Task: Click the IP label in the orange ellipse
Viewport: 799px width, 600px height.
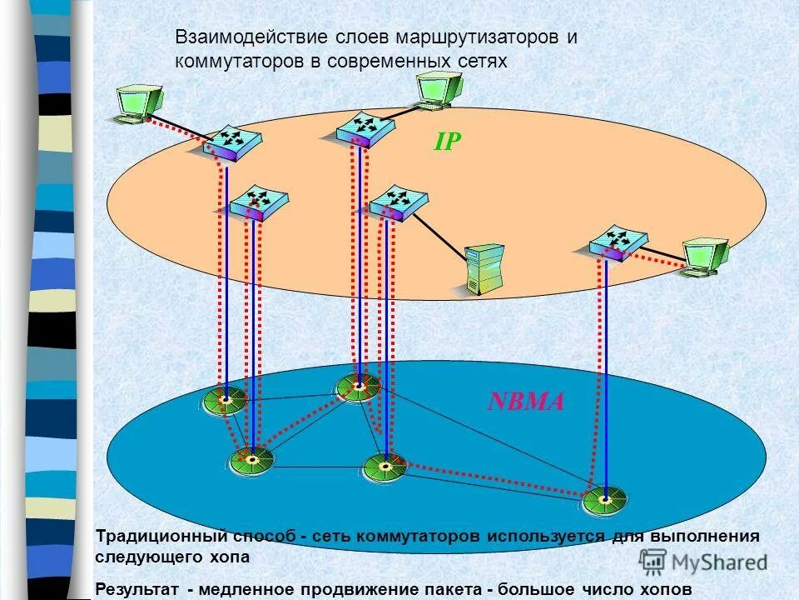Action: pos(447,142)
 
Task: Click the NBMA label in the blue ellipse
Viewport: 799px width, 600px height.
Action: pos(526,402)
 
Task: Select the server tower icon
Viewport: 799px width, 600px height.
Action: pos(484,268)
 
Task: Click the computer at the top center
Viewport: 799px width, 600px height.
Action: pos(438,89)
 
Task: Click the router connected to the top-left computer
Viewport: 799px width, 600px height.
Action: pos(231,144)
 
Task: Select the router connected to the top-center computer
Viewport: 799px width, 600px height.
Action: pos(365,127)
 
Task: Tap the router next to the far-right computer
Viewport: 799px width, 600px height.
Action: pos(617,242)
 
